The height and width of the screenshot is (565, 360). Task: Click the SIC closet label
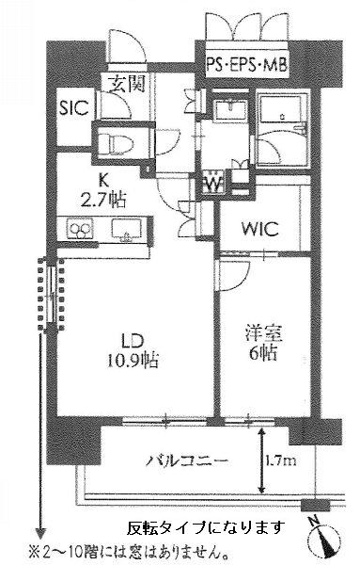click(74, 107)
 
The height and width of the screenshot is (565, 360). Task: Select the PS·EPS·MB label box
click(247, 66)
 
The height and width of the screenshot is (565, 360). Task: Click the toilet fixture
click(116, 143)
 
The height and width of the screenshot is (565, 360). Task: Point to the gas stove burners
click(80, 229)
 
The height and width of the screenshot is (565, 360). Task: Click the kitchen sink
click(127, 229)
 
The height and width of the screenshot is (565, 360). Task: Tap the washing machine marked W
click(213, 183)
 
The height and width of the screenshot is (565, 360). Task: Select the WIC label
click(260, 229)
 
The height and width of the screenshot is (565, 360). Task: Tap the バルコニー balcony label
click(187, 460)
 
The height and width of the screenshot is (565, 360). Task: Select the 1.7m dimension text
click(281, 460)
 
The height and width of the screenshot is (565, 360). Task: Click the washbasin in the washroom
click(229, 109)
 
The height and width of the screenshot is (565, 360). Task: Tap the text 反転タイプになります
click(206, 527)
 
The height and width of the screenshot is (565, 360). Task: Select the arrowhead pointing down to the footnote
click(40, 533)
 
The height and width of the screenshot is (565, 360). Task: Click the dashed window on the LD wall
click(51, 294)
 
